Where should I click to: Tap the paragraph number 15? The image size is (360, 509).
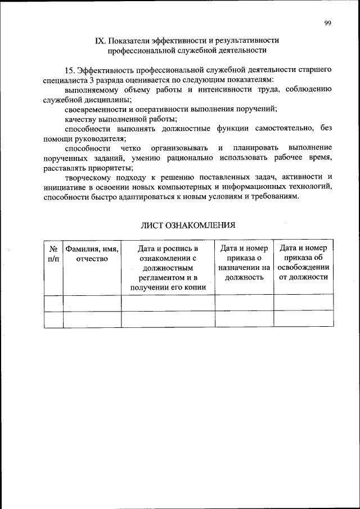tap(70, 70)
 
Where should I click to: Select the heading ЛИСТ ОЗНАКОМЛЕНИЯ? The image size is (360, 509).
tap(187, 225)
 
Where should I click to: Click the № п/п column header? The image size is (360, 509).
tap(53, 253)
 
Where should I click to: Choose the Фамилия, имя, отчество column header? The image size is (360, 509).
tap(92, 253)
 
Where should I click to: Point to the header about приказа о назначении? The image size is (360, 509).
tap(244, 263)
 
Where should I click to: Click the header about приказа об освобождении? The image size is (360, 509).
tap(303, 263)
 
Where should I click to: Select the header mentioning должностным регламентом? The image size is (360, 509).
tap(168, 268)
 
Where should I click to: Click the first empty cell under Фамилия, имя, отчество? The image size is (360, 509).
tap(92, 303)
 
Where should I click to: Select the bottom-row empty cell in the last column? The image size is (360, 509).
tap(303, 319)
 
